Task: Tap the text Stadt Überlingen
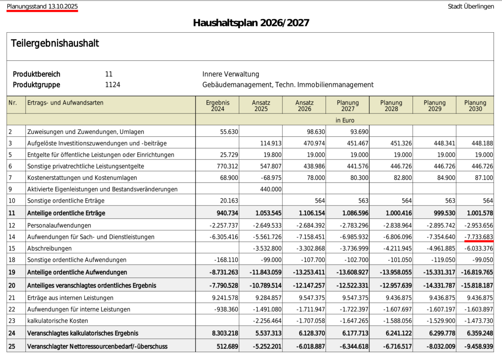[471, 6]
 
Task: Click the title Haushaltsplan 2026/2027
[251, 23]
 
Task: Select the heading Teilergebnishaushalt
[55, 43]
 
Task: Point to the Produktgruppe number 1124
[113, 85]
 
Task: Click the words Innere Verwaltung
[231, 74]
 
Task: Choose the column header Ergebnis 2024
[218, 105]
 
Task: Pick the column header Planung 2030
[475, 105]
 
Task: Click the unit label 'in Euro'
[345, 120]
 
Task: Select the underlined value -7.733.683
[479, 237]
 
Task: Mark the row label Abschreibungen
[47, 249]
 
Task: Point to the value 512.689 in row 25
[226, 347]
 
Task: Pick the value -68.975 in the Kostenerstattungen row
[268, 178]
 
